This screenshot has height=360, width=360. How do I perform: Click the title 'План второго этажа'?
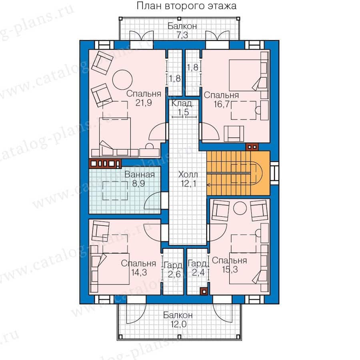pos(186,6)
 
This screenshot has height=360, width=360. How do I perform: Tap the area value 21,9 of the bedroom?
pos(144,103)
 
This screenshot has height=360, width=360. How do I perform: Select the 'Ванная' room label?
pos(139,174)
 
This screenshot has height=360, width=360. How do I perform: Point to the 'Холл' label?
pos(188,175)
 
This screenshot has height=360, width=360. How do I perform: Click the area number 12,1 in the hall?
pos(188,184)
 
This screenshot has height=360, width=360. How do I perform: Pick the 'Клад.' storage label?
pos(183,104)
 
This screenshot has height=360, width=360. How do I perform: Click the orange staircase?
pos(238,173)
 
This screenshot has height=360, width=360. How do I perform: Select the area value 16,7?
pos(222,104)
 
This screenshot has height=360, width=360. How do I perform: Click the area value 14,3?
pos(139,272)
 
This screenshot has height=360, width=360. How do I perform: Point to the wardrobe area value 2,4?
pos(198,272)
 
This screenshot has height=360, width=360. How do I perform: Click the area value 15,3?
pos(230,270)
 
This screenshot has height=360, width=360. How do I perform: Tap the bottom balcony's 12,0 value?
pos(178,324)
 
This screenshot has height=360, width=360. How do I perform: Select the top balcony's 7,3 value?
pos(182,35)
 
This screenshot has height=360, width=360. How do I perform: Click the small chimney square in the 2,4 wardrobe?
pos(204,291)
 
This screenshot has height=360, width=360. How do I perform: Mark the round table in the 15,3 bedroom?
pos(240,208)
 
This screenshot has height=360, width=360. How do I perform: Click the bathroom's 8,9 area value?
pos(138,184)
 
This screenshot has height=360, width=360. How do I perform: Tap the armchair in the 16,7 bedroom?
pos(234,134)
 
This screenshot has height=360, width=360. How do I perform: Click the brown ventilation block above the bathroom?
pos(105,163)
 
